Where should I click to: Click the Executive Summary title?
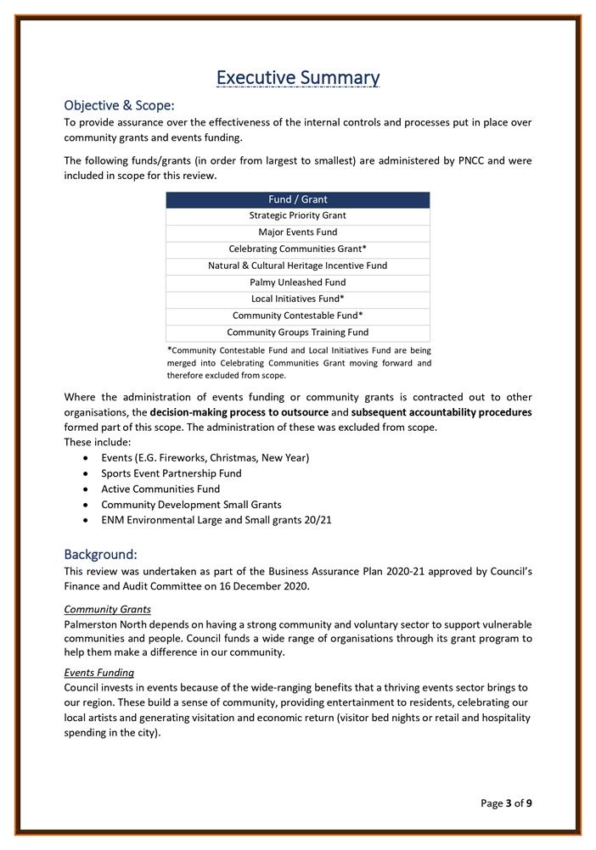point(298,78)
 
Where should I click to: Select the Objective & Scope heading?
point(119,105)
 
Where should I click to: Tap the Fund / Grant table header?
point(297,199)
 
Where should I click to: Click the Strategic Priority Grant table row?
point(297,215)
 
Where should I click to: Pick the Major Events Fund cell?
point(297,232)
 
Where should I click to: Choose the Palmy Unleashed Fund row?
point(297,282)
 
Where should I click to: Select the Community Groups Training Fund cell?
point(297,333)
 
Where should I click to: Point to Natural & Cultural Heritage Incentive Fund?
point(297,266)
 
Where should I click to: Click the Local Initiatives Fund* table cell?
point(297,299)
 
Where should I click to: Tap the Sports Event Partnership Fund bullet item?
point(171,473)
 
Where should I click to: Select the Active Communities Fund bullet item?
point(160,489)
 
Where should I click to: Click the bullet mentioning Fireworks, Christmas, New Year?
point(205,458)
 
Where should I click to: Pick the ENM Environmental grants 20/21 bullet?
point(216,519)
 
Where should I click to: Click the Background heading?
point(100,555)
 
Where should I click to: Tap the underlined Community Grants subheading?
point(107,609)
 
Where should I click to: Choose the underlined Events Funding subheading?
point(99,673)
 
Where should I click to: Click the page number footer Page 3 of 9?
point(506,803)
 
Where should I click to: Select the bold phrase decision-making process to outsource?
point(239,412)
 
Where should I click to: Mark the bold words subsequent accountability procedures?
point(441,412)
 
